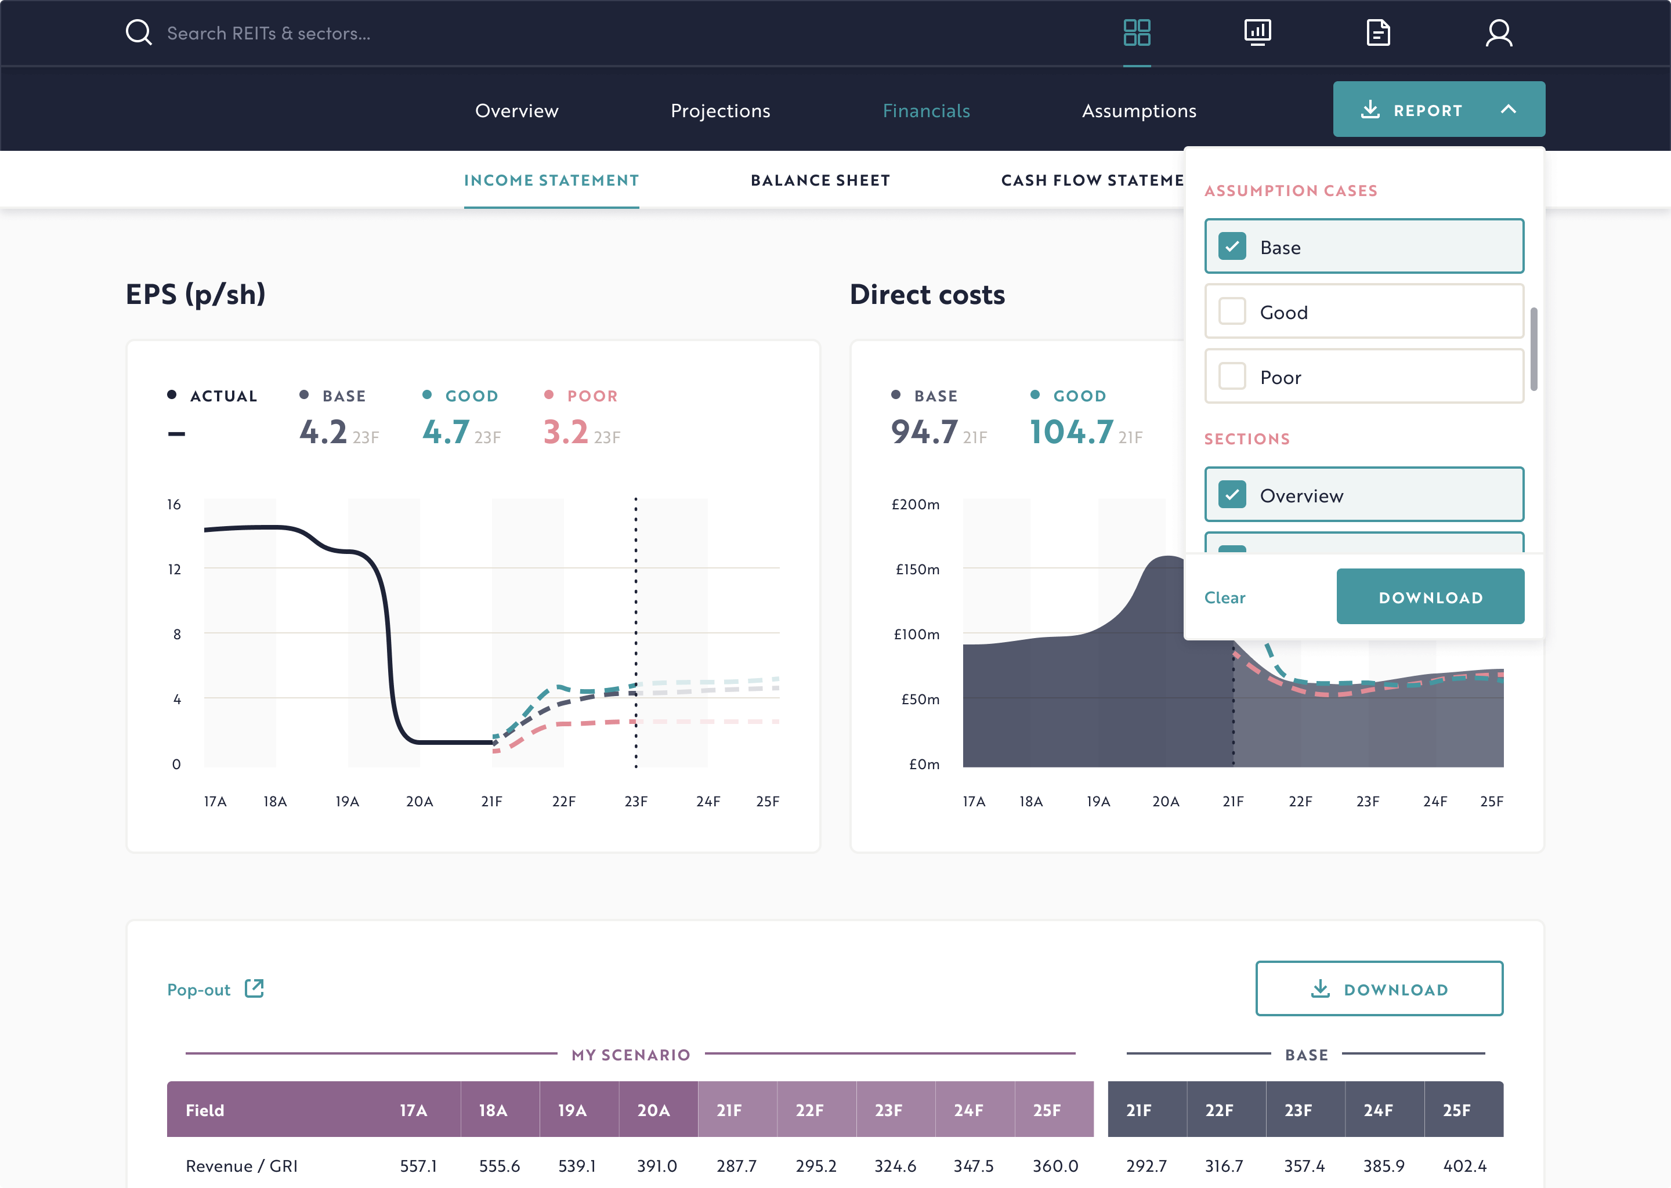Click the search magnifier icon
pos(138,33)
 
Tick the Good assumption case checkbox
pos(1232,312)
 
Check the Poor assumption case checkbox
pos(1232,376)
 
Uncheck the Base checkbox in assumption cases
pos(1232,247)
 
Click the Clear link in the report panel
pos(1224,597)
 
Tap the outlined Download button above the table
pos(1379,989)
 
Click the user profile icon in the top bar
pos(1498,33)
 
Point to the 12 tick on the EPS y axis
pos(174,569)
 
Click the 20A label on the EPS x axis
pos(419,801)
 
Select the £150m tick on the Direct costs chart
pos(917,569)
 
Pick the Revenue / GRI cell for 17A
pos(418,1165)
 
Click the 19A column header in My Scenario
pos(572,1110)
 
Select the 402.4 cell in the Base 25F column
pos(1464,1165)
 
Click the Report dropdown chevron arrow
pos(1508,110)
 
